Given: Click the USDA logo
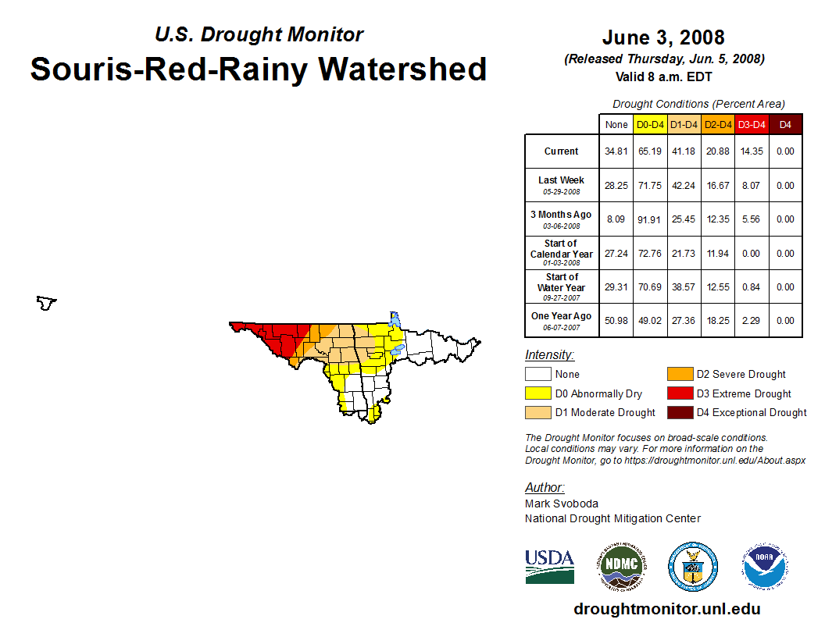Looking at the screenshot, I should coord(549,566).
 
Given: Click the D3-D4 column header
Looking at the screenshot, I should coord(752,124).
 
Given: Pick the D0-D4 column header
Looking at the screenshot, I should coord(650,124).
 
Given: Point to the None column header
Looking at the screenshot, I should coord(616,124).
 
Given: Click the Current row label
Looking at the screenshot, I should coord(562,151).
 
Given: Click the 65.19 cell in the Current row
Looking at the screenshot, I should coord(650,151).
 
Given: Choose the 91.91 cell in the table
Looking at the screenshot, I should coord(650,219).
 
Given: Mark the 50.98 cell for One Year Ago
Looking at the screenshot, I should coord(616,320).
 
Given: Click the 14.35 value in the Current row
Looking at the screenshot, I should coord(752,151).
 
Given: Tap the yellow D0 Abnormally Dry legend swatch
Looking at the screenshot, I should coord(537,393).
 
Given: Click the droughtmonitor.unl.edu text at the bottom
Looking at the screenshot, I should coord(666,609).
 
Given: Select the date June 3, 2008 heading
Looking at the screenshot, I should coord(663,37).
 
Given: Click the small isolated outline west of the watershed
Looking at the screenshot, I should coord(47,302).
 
